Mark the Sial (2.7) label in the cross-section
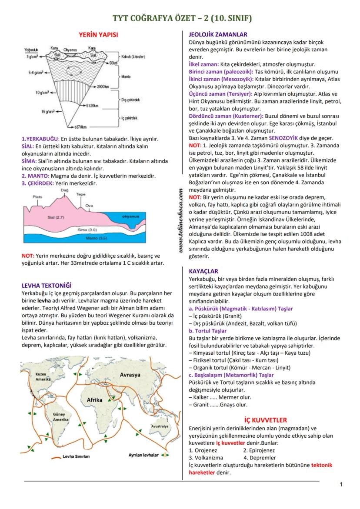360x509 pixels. [x=56, y=216]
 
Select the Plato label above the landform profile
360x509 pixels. [x=38, y=197]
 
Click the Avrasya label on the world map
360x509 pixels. [x=130, y=374]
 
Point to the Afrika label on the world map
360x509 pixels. [x=94, y=399]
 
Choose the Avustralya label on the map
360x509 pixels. [x=160, y=426]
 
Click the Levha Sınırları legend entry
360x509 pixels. [x=77, y=456]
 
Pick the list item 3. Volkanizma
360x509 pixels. [x=206, y=458]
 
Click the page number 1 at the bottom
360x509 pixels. [x=341, y=485]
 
